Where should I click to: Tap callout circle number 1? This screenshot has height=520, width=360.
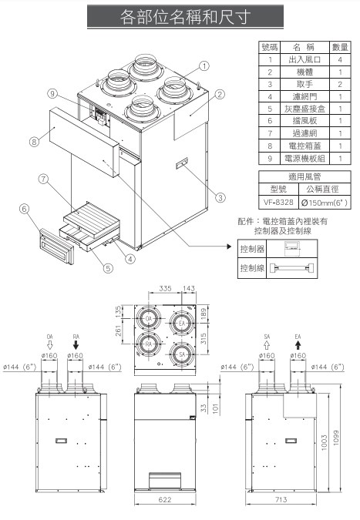(x=205, y=65)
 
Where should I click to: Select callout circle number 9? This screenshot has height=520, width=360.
(x=53, y=94)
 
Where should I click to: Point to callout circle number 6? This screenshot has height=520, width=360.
(x=25, y=208)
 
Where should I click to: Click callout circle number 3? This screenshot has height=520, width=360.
(x=220, y=197)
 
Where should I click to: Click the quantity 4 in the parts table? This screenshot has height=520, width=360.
(x=340, y=59)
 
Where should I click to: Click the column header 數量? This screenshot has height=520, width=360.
(x=340, y=46)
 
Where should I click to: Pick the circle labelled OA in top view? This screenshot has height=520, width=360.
(x=147, y=319)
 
